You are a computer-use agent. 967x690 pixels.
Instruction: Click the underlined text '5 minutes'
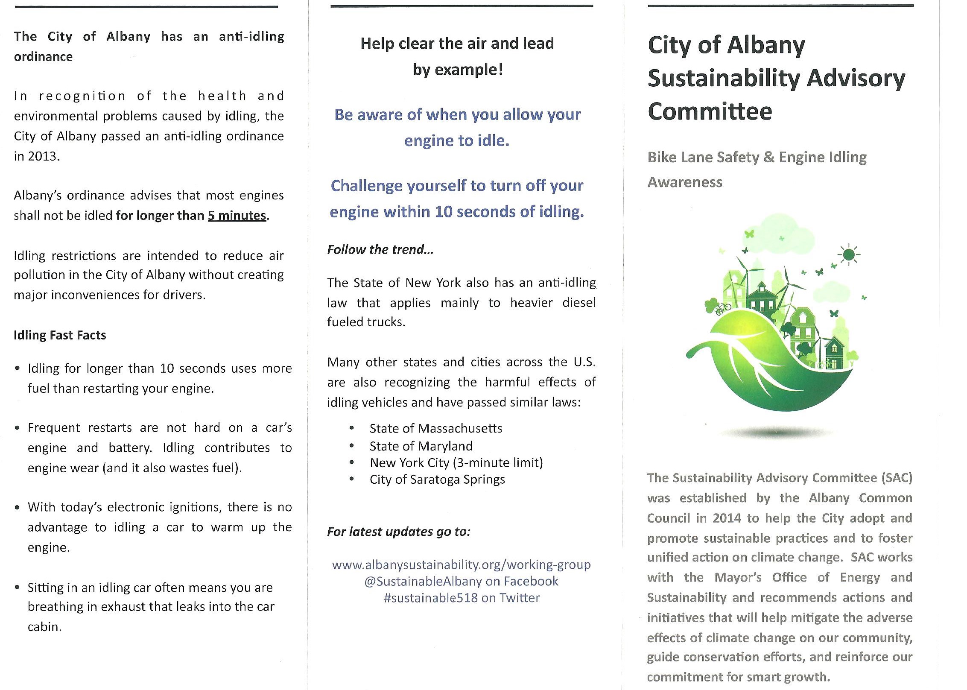pos(237,216)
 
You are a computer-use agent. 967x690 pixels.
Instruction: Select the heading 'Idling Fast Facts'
pos(60,335)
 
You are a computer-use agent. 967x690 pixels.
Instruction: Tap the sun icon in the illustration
pos(849,255)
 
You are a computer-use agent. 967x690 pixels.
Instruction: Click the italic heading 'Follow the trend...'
pos(380,250)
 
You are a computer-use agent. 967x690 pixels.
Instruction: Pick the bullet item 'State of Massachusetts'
pos(436,428)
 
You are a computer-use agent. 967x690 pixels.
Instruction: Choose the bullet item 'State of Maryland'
pos(421,446)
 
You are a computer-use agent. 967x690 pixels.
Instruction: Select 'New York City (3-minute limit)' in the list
pos(456,463)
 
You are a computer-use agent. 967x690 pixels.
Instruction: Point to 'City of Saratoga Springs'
pos(437,479)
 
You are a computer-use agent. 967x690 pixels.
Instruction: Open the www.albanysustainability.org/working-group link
pos(462,564)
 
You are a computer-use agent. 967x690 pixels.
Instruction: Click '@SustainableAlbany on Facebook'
pos(461,581)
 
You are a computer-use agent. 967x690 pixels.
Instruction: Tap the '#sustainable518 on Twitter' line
pos(462,598)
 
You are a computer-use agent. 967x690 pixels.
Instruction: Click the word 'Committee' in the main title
pos(710,111)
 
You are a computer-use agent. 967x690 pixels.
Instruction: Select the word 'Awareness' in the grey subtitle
pos(685,182)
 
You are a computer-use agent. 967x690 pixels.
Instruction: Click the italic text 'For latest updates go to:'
pos(399,532)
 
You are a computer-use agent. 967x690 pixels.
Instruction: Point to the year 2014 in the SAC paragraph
pos(727,518)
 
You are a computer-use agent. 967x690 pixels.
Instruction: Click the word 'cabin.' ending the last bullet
pos(45,627)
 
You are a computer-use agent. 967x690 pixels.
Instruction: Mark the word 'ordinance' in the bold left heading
pos(43,57)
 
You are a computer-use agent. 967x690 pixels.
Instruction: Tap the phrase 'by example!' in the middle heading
pos(458,70)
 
